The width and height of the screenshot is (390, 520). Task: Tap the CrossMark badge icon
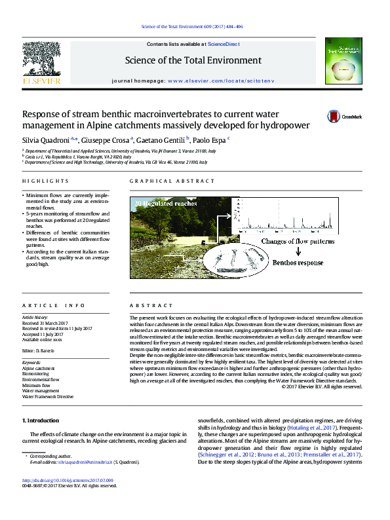334,117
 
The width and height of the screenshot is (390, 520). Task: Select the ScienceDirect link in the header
225,44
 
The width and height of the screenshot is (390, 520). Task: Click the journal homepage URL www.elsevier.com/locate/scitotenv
223,81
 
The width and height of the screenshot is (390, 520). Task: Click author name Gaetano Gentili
163,139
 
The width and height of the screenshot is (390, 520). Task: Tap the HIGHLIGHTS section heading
45,181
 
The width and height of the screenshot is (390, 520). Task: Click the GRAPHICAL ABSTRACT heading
172,181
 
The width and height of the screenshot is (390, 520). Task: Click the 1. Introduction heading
41,420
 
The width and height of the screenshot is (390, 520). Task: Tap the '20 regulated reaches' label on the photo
166,204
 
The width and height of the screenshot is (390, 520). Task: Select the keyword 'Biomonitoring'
37,374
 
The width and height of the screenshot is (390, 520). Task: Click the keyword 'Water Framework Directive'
48,397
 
